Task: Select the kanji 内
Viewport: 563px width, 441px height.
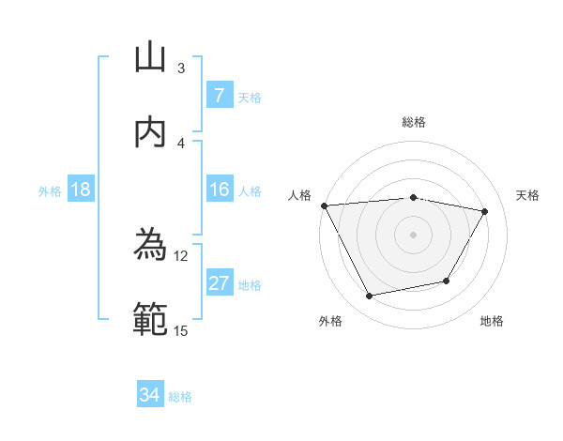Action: [x=150, y=132]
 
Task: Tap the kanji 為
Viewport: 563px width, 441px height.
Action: [x=150, y=246]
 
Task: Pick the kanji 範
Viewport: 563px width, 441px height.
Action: [x=150, y=320]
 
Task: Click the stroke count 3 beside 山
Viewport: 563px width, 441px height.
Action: [x=181, y=68]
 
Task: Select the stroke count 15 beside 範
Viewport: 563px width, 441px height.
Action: [x=181, y=330]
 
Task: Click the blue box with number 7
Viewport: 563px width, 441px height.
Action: [x=219, y=96]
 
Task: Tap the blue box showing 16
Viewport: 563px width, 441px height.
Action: [x=219, y=190]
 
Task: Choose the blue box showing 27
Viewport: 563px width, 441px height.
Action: [x=219, y=283]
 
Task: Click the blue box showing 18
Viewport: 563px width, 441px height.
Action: [x=80, y=190]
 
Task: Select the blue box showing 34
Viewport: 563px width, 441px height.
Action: [x=149, y=395]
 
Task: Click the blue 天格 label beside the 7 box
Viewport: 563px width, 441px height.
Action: [x=250, y=97]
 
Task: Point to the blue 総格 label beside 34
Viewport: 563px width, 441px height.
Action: [x=180, y=396]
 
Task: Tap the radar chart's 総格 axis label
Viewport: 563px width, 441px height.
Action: [x=414, y=122]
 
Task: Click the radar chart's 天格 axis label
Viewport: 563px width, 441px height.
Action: [x=527, y=195]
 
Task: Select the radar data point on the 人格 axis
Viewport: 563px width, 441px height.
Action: [x=324, y=205]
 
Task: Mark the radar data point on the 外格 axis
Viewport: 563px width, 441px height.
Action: [x=370, y=297]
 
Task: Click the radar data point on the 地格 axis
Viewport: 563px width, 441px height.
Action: [x=447, y=281]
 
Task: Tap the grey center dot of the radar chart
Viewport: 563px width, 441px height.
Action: [x=414, y=235]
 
